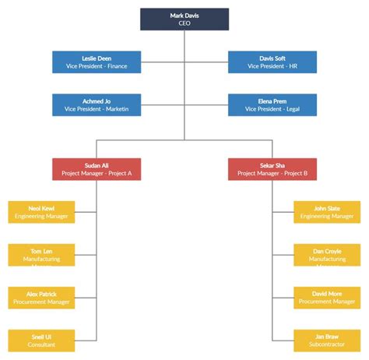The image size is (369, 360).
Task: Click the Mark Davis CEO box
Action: click(x=184, y=19)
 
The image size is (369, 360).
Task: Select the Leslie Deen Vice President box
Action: click(x=97, y=62)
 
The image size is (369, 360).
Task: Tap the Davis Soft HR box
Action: click(x=272, y=62)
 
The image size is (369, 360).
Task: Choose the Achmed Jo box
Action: click(x=97, y=105)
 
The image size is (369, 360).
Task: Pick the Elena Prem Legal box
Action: click(x=272, y=105)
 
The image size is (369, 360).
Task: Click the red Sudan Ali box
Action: click(x=97, y=169)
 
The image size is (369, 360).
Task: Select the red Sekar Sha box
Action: click(x=272, y=169)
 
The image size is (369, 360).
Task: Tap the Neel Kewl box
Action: click(x=41, y=212)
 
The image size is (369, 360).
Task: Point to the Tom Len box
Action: click(x=41, y=255)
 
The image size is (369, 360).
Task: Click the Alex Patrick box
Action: click(x=41, y=298)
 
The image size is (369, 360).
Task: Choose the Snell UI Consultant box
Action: click(x=41, y=341)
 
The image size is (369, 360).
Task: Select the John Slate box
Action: click(x=327, y=212)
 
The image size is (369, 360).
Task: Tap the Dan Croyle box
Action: click(x=327, y=255)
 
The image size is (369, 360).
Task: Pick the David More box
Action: click(x=327, y=298)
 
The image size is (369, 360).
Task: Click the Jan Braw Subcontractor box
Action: click(x=327, y=341)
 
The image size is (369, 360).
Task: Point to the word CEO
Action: click(x=184, y=24)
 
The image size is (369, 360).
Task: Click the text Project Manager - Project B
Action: click(x=272, y=174)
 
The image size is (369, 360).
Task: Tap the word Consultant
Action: click(x=41, y=345)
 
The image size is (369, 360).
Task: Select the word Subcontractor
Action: click(x=327, y=345)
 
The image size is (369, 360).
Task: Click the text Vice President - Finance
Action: click(x=97, y=67)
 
